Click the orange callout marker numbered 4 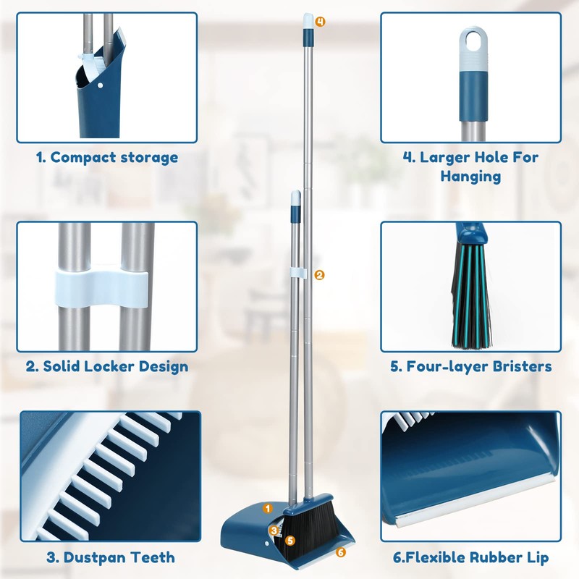320,22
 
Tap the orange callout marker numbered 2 320,274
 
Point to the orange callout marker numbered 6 341,552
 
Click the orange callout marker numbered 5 289,540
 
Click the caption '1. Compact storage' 107,157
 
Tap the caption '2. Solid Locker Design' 107,366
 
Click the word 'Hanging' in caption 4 470,176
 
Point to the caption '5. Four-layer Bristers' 471,366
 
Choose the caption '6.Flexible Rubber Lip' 470,557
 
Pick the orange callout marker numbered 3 274,531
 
